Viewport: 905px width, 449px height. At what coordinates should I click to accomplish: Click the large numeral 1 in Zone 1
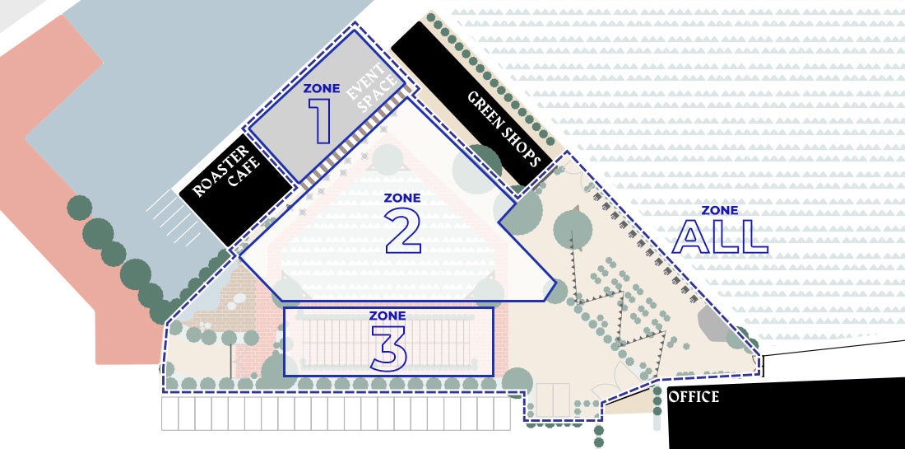[322, 121]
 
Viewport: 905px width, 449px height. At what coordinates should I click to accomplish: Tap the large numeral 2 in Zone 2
[403, 231]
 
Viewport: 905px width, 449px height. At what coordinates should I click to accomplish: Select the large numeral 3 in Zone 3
[388, 348]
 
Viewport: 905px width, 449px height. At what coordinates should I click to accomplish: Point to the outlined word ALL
[720, 236]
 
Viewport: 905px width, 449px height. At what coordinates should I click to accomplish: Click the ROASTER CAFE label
[226, 171]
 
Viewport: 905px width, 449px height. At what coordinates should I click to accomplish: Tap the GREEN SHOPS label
[504, 129]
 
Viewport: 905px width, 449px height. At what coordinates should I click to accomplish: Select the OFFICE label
[694, 397]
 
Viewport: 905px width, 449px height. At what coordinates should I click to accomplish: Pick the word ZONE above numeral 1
[322, 89]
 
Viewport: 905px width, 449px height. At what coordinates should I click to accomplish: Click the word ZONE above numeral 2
[402, 199]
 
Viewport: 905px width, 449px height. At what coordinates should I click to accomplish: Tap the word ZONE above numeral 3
[388, 316]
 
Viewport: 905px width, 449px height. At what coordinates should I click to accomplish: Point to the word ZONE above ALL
[720, 211]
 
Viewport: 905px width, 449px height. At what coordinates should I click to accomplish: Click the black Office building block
[786, 414]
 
